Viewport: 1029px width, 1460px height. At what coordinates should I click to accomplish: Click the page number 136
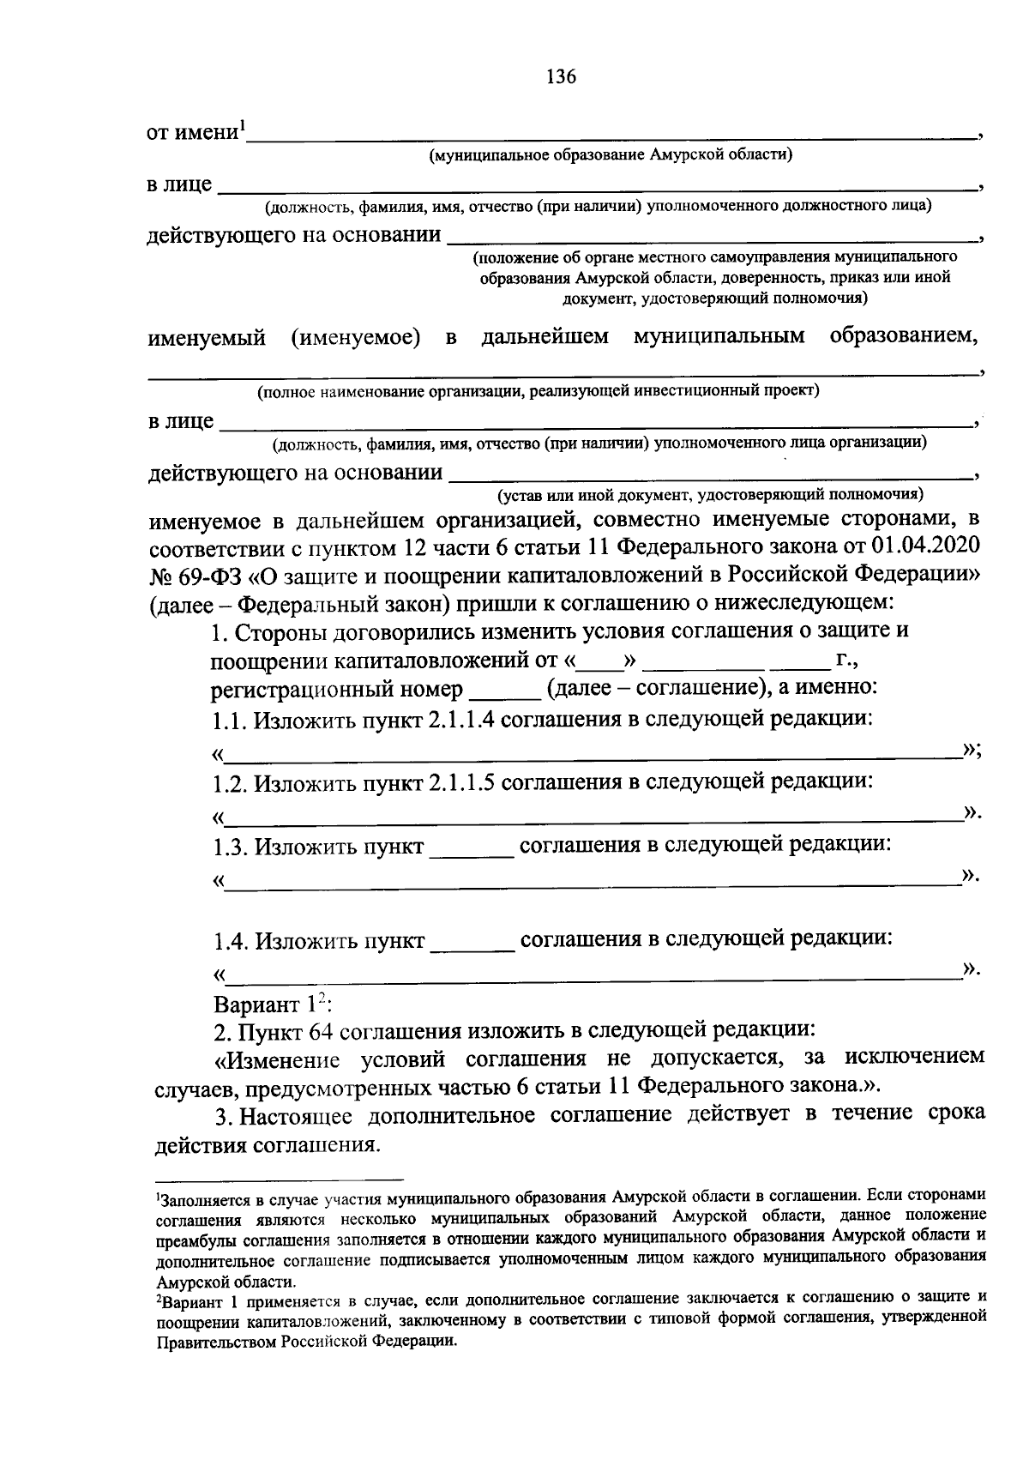click(562, 77)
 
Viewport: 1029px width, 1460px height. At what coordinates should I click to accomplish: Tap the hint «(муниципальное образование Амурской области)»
click(611, 155)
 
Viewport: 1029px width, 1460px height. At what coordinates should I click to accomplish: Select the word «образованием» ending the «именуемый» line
click(904, 336)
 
